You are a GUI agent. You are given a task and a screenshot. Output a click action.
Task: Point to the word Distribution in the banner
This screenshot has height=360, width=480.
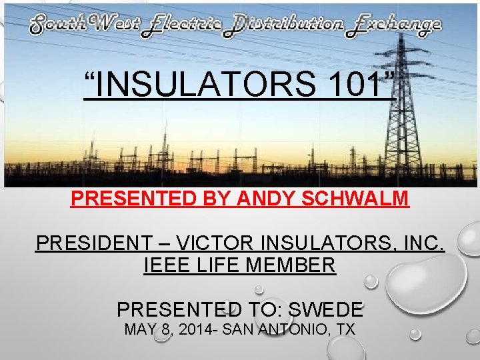point(287,26)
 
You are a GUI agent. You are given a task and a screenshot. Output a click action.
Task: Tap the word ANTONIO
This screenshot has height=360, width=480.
point(296,329)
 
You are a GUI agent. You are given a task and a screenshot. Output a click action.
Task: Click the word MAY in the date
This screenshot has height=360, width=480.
point(140,329)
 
